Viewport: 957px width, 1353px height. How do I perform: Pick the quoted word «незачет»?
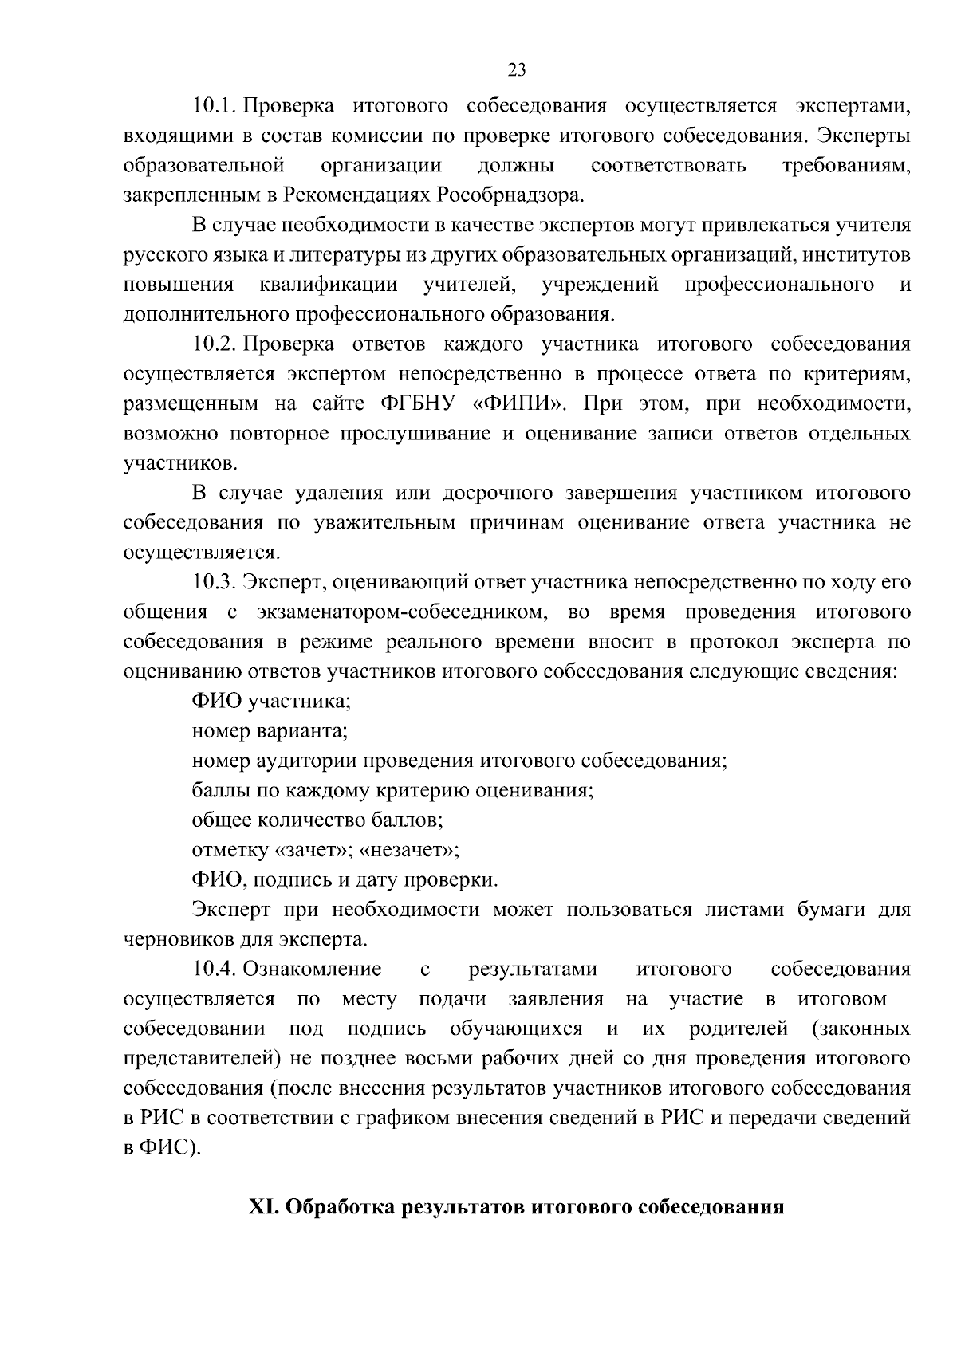(x=408, y=850)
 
